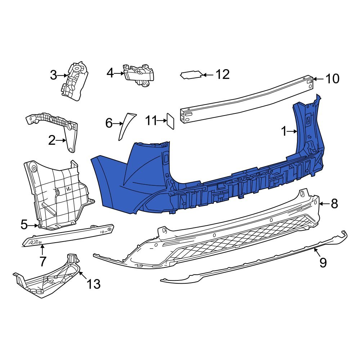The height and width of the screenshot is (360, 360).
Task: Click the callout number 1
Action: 284,132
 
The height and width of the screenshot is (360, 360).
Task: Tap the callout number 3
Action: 54,75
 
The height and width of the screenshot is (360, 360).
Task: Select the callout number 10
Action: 332,78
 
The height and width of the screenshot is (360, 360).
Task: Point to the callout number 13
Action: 93,284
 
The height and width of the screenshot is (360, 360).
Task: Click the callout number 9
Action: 323,262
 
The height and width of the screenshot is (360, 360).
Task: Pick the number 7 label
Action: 43,261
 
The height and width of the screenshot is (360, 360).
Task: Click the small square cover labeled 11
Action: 170,121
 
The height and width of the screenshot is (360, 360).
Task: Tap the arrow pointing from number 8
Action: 324,204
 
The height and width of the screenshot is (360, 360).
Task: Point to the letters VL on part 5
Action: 68,188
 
